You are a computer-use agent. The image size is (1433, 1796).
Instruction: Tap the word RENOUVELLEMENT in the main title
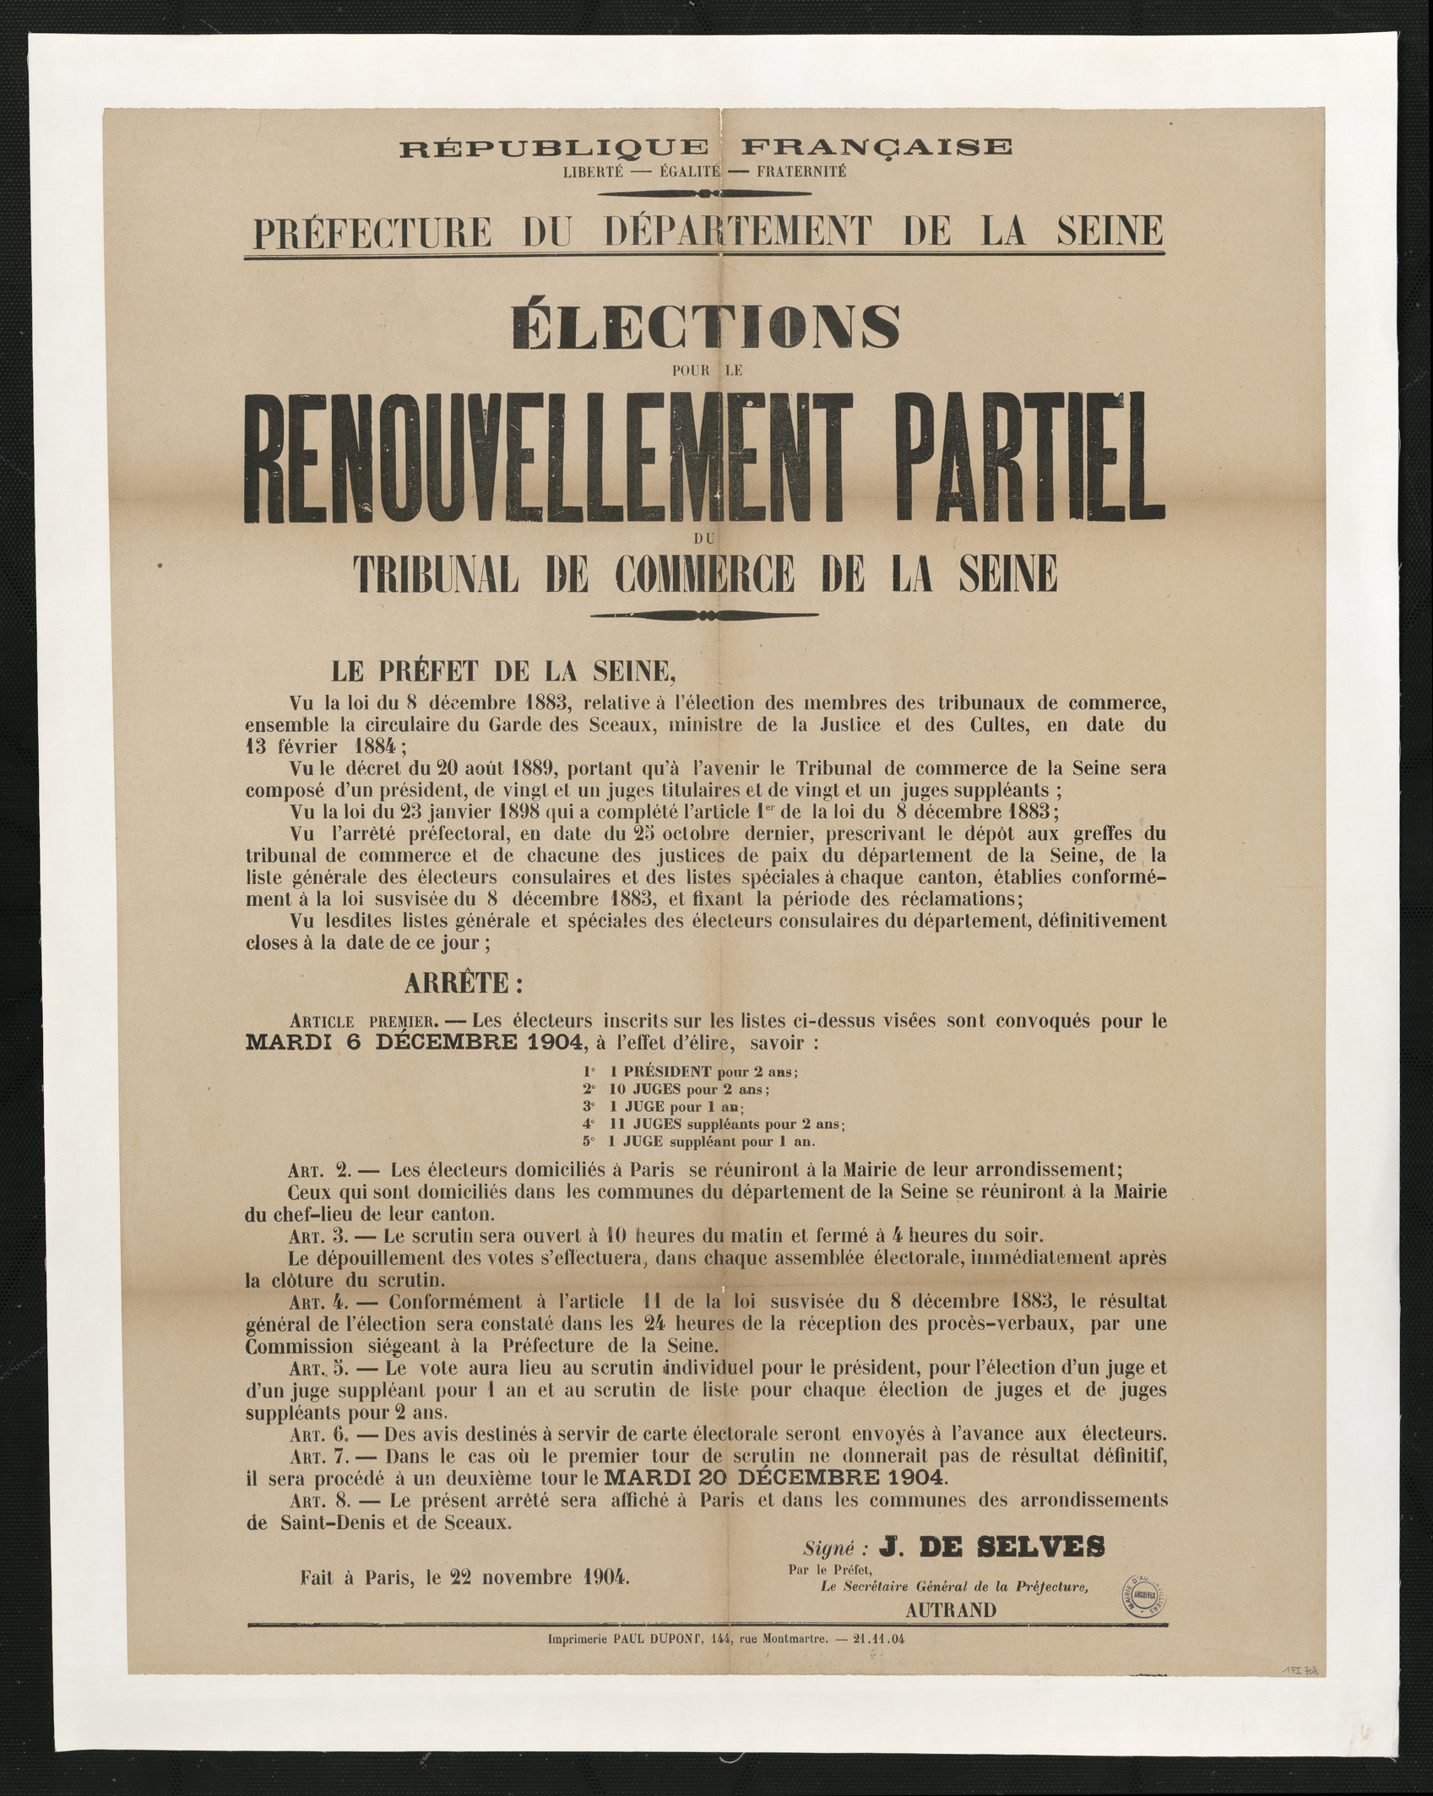pyautogui.click(x=522, y=457)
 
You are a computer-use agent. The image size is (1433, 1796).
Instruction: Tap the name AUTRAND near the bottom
pyautogui.click(x=951, y=1610)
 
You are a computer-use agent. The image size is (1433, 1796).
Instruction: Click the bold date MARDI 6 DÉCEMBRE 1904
pyautogui.click(x=414, y=1042)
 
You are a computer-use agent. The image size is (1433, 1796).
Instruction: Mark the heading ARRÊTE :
pyautogui.click(x=464, y=983)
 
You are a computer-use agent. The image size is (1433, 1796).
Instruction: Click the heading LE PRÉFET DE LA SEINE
pyautogui.click(x=503, y=670)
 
